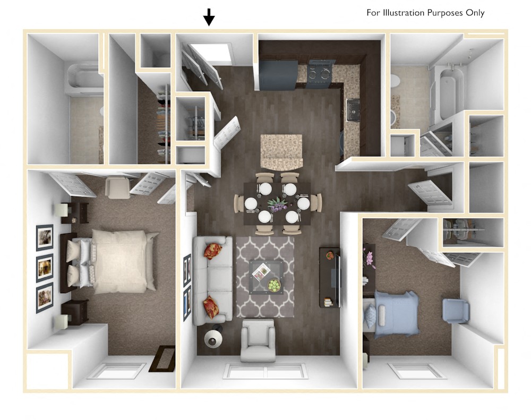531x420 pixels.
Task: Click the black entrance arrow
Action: pos(209,17)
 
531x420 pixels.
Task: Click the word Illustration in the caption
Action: pos(403,13)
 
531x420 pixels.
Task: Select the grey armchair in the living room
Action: pos(259,340)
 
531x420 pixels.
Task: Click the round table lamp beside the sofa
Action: pos(213,338)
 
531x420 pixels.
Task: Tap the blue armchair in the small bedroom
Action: pos(456,311)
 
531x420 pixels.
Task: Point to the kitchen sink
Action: pos(353,111)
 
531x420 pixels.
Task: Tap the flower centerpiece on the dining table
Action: pos(277,204)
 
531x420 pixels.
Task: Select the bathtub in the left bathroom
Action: pos(84,78)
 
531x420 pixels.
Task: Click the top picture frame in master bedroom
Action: pos(45,237)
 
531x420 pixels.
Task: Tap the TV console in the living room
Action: pos(329,277)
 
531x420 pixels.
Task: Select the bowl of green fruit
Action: pos(274,286)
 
